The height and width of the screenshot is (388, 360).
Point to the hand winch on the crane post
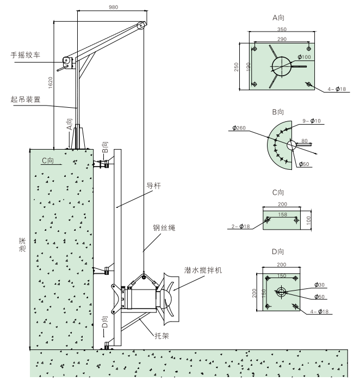[67, 62]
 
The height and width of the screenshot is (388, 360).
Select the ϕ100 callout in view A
[306, 58]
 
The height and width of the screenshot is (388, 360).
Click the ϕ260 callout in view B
[240, 128]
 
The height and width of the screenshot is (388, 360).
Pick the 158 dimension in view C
[281, 214]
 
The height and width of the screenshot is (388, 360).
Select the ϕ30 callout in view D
[321, 284]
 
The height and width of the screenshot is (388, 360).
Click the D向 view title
[279, 254]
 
